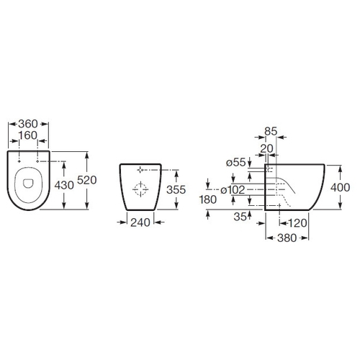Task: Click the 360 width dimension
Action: (x=28, y=124)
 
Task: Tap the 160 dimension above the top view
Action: (x=28, y=135)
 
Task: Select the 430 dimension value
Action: (x=64, y=185)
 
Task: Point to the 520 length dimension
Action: (x=87, y=180)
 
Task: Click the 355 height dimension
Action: (x=176, y=189)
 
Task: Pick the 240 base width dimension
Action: (x=140, y=222)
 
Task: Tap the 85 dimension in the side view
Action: (x=271, y=131)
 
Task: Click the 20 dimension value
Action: (x=266, y=149)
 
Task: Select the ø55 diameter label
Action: (x=236, y=163)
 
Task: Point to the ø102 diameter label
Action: (x=233, y=190)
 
